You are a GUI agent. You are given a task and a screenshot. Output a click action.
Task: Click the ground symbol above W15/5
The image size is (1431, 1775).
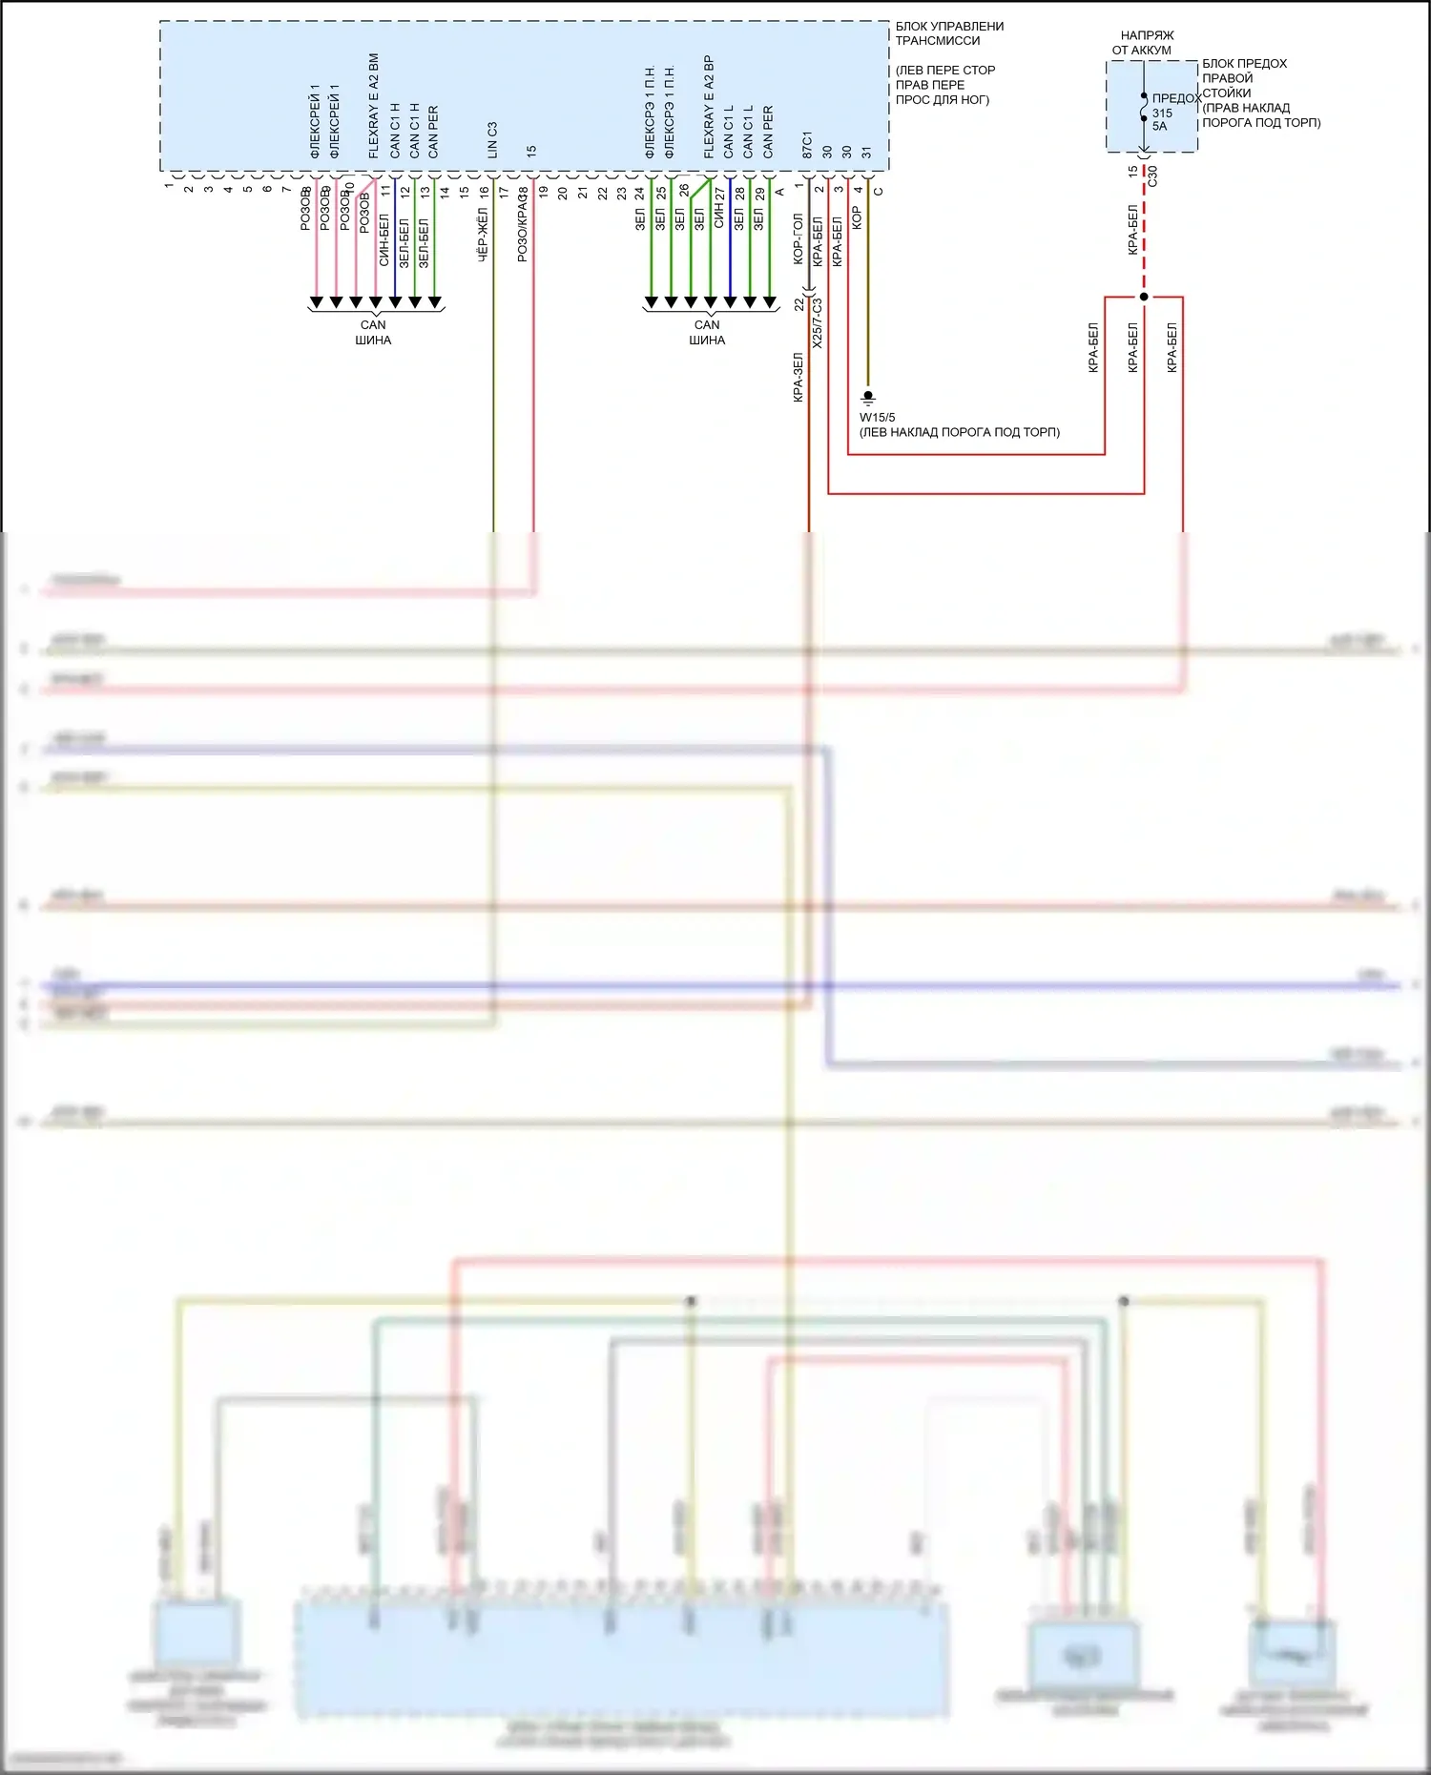tap(868, 397)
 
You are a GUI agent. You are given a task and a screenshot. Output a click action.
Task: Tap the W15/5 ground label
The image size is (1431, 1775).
tap(877, 418)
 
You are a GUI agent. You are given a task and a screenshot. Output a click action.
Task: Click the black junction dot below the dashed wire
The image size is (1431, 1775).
tap(1144, 297)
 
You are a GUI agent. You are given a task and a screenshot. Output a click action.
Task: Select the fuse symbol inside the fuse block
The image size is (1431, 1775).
tap(1144, 107)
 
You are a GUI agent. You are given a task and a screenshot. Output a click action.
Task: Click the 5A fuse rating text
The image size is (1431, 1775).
tap(1159, 126)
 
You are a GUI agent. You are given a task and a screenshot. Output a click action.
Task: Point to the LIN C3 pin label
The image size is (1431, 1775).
tap(492, 139)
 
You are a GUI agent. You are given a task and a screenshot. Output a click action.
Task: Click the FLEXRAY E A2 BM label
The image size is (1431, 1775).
tap(374, 106)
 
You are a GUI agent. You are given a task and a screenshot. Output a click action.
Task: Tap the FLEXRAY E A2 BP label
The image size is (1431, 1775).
tap(708, 106)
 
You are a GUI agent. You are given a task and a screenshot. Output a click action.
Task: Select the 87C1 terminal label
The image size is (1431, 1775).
tap(807, 145)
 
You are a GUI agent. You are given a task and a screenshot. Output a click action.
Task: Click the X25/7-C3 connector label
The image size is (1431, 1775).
tap(818, 322)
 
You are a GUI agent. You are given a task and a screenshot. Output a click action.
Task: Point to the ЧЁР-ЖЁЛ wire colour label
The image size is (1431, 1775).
tap(483, 236)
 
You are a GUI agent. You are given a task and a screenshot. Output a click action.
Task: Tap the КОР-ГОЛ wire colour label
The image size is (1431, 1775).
tap(798, 238)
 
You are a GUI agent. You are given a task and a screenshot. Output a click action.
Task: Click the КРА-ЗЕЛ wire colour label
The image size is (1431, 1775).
tap(798, 378)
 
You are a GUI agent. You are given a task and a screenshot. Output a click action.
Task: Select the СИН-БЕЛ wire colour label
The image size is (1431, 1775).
tap(384, 240)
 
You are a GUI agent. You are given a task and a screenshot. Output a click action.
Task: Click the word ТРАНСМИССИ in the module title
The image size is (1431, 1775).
tap(937, 41)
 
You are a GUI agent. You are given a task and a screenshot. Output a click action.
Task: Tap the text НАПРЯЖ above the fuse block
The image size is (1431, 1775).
tap(1147, 35)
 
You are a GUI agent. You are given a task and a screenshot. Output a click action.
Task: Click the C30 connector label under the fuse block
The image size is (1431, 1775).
tap(1152, 175)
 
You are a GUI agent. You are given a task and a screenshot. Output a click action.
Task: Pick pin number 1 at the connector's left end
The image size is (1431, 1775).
tap(169, 185)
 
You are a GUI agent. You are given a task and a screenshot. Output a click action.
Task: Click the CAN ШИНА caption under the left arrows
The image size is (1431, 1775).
tap(373, 332)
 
